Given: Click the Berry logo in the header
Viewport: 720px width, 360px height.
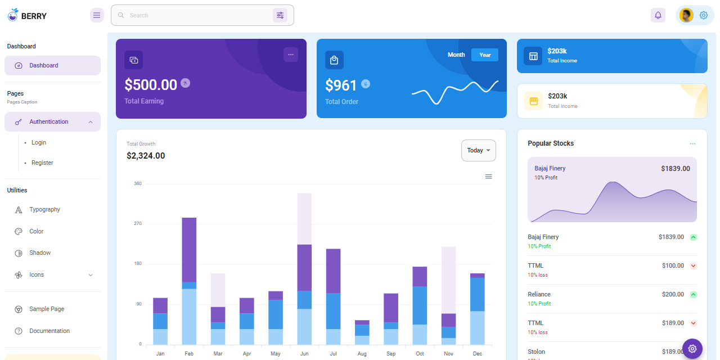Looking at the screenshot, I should (27, 15).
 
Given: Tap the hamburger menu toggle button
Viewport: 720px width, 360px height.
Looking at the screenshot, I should (97, 15).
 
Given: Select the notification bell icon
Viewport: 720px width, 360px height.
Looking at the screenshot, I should (658, 15).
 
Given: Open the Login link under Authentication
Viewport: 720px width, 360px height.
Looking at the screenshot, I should (39, 142).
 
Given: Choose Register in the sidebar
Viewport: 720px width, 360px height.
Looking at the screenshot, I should (42, 163).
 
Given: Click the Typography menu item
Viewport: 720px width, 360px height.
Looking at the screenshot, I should (44, 209).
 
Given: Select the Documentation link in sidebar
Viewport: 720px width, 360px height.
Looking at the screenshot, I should (49, 331).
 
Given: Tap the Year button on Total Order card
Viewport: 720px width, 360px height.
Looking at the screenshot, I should (485, 55).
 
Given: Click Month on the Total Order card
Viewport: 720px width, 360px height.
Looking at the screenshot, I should (456, 55).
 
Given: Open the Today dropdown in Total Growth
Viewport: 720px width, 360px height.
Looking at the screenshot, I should (478, 150).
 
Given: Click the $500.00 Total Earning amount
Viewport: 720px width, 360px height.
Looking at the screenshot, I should (151, 84).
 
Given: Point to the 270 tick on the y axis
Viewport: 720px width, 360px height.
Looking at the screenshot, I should (138, 224).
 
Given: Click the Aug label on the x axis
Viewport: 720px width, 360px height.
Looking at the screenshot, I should (362, 354).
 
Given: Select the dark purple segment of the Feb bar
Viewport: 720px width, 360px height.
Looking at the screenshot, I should (189, 249).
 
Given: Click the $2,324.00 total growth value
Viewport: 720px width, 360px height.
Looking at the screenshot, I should (146, 156).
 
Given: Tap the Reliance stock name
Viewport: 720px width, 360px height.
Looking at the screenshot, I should (539, 294).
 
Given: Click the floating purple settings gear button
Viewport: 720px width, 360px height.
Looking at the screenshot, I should (692, 349).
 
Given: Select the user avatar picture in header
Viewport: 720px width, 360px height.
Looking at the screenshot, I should (686, 15).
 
